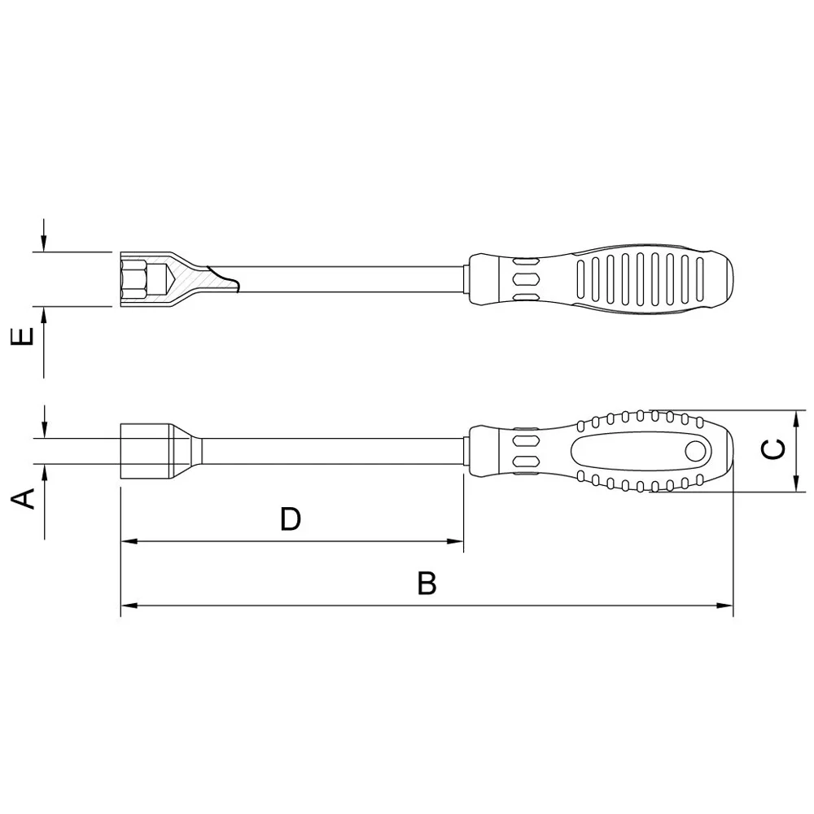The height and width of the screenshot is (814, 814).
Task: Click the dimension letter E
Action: click(26, 336)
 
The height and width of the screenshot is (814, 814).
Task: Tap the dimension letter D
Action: click(291, 519)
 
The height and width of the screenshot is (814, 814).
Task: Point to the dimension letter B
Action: click(427, 584)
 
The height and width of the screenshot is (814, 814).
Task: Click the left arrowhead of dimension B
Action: click(129, 606)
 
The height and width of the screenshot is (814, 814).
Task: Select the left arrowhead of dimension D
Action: click(129, 541)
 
